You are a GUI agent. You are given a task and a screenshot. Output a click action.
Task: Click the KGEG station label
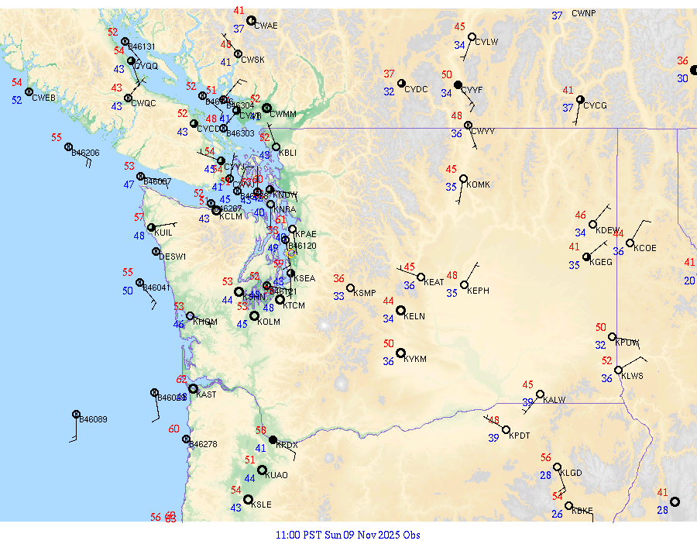point(601,262)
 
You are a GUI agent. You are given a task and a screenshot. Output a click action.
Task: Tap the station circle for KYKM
point(401,353)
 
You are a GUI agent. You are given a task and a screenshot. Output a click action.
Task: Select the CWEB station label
point(44,98)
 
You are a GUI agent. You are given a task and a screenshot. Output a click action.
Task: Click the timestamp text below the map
point(348,535)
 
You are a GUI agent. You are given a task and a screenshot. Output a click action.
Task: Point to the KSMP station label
point(364,293)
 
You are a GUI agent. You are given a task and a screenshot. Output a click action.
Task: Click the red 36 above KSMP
point(339,278)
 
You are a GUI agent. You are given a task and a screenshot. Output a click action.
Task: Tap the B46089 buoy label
point(94,419)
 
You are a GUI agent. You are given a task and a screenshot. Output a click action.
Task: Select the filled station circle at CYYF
point(458,84)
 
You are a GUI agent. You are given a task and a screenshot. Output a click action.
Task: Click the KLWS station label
point(633,376)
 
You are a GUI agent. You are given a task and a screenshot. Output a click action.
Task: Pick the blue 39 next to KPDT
point(493,438)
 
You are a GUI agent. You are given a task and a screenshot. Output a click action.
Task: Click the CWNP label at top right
point(584,14)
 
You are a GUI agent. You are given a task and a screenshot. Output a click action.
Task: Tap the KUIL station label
point(163,232)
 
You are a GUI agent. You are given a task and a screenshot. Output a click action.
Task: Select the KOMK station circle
point(463,179)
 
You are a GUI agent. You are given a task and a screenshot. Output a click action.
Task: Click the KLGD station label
point(571,473)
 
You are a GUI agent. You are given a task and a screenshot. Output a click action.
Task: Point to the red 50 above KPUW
point(601,328)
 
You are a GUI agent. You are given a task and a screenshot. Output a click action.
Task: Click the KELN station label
point(414,316)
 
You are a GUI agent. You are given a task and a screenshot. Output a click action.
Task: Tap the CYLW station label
point(486,42)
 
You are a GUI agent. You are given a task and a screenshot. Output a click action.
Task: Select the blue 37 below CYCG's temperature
point(568,108)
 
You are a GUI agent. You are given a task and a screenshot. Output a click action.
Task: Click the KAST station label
point(206,394)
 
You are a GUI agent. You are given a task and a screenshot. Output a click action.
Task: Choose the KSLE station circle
point(249,500)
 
